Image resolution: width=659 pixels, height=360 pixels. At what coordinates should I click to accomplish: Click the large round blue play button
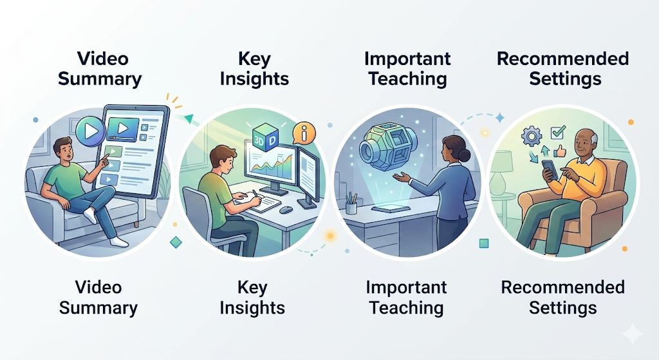pyautogui.click(x=90, y=131)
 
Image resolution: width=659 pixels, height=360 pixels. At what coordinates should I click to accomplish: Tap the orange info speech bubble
pyautogui.click(x=304, y=133)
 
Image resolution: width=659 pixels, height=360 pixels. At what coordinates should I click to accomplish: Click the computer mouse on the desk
pyautogui.click(x=286, y=209)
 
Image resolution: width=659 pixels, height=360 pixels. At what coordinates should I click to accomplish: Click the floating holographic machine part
pyautogui.click(x=387, y=144)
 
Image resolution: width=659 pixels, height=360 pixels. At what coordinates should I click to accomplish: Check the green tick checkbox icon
pyautogui.click(x=558, y=133)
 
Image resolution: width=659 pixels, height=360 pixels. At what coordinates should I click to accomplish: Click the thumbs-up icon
pyautogui.click(x=559, y=151)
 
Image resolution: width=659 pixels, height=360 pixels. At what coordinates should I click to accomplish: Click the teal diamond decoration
pyautogui.click(x=176, y=242)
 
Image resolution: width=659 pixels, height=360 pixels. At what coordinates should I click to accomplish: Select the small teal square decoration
pyautogui.click(x=484, y=243)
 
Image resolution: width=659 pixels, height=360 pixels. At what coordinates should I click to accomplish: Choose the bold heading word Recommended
pyautogui.click(x=562, y=59)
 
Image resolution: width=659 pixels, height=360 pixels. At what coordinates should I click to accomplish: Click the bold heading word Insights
pyautogui.click(x=254, y=79)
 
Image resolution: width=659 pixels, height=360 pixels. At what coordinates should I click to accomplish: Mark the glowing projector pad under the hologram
pyautogui.click(x=391, y=208)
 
